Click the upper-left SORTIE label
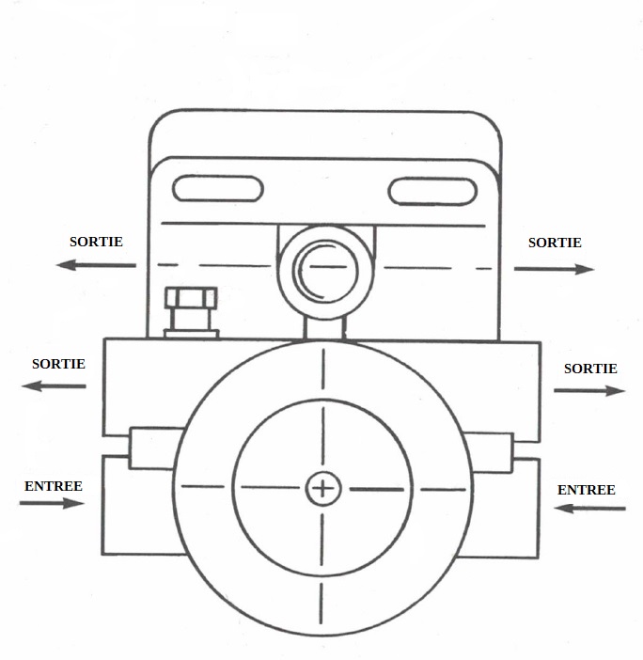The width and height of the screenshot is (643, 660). click(96, 242)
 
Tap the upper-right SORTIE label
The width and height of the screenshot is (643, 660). click(555, 243)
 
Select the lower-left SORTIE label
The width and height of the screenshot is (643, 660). click(58, 364)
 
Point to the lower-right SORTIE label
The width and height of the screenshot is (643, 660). click(590, 369)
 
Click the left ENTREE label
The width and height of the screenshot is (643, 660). click(54, 486)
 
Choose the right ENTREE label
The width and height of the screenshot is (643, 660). click(587, 490)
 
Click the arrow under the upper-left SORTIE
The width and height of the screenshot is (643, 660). click(95, 265)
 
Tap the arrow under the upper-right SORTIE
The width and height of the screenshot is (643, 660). click(555, 269)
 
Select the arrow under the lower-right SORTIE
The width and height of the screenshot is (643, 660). click(588, 390)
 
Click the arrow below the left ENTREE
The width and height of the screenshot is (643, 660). click(52, 503)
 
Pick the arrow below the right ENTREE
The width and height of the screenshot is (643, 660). click(590, 509)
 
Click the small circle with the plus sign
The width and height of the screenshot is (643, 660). click(322, 487)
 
